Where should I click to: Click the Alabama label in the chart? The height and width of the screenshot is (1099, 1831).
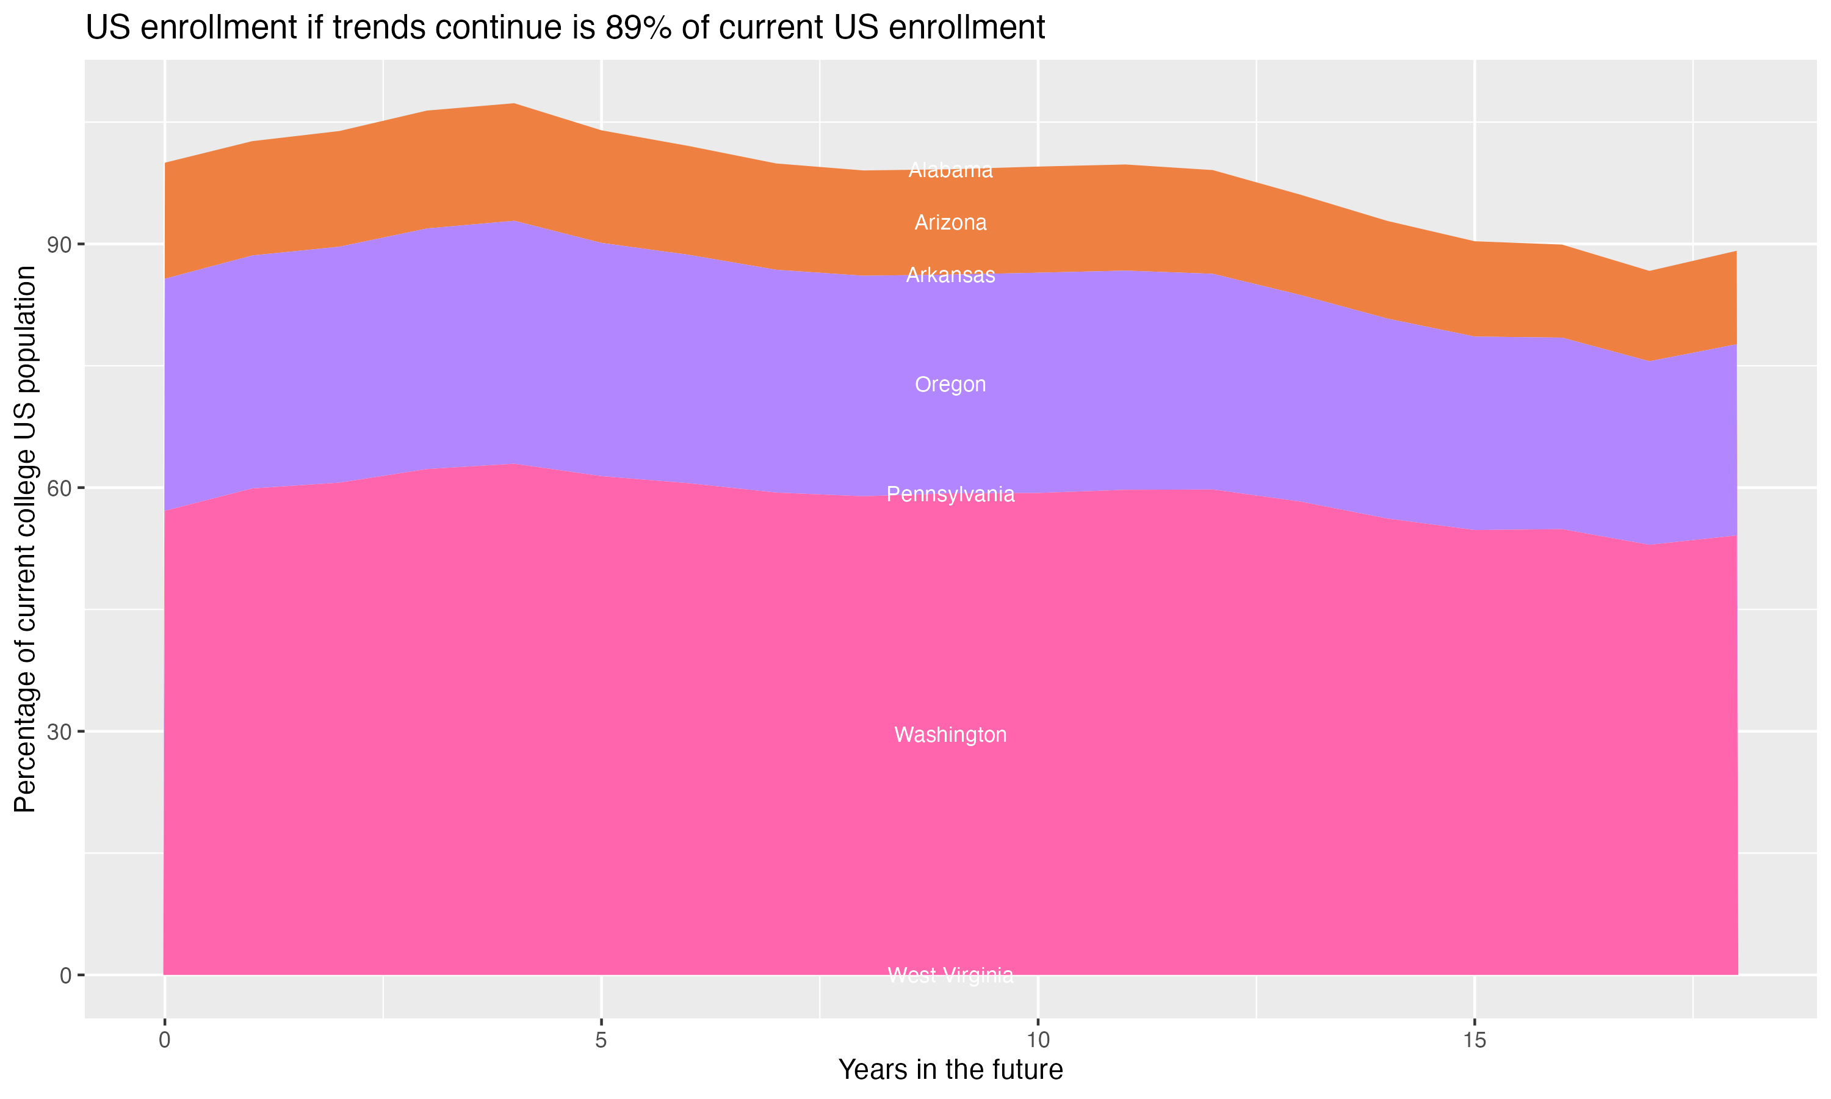950,170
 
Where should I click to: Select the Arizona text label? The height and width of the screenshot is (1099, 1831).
950,223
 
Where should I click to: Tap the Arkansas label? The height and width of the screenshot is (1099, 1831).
950,275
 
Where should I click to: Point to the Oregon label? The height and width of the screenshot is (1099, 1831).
950,385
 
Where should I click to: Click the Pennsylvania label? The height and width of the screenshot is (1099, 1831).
950,495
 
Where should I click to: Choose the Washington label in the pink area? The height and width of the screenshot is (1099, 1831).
950,735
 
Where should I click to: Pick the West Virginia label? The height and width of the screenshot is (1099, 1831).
950,976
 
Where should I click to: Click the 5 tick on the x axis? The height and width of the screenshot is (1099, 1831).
601,1040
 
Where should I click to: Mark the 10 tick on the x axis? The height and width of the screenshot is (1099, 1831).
1038,1040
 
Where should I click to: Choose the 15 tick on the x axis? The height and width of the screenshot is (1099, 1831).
1475,1040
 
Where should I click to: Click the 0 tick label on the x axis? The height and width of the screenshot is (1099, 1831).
164,1040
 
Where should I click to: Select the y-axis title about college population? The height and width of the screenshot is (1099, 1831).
25,539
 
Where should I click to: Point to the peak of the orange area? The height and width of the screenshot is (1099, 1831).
515,104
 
